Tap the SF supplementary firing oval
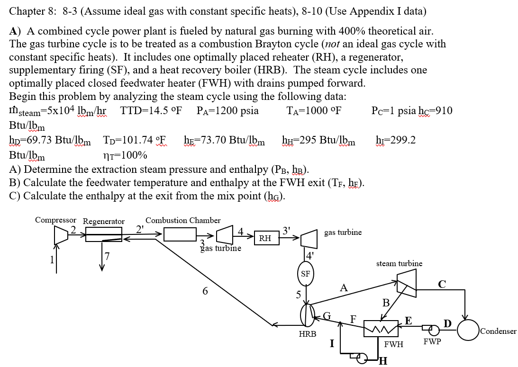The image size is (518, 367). pyautogui.click(x=306, y=274)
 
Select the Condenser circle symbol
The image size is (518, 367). pyautogui.click(x=467, y=331)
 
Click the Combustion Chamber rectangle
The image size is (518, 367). pyautogui.click(x=180, y=234)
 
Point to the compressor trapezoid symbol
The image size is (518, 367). pyautogui.click(x=61, y=234)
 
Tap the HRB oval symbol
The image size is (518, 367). pyautogui.click(x=308, y=316)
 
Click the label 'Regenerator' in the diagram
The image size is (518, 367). pyautogui.click(x=104, y=221)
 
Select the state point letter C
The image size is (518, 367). pyautogui.click(x=442, y=285)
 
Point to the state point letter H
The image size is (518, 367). pyautogui.click(x=383, y=362)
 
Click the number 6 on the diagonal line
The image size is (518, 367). pyautogui.click(x=205, y=291)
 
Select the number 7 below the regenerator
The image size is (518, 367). pyautogui.click(x=108, y=257)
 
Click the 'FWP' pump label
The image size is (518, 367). pyautogui.click(x=432, y=341)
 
